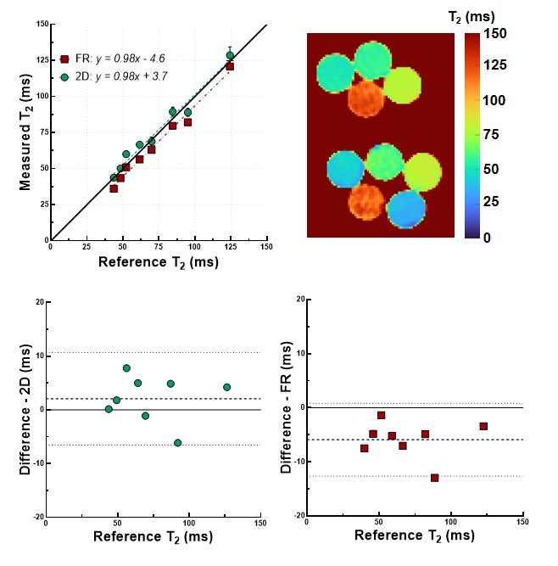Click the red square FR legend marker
[64, 59]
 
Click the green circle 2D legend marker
[64, 76]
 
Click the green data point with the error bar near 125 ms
[230, 56]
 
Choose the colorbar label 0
[492, 238]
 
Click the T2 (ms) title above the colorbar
[472, 15]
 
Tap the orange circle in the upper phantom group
[372, 98]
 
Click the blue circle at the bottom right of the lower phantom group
[404, 209]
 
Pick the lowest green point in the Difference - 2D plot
[177, 442]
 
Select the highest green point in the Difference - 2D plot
[126, 368]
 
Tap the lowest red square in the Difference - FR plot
[434, 478]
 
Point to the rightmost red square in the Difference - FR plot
[483, 426]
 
